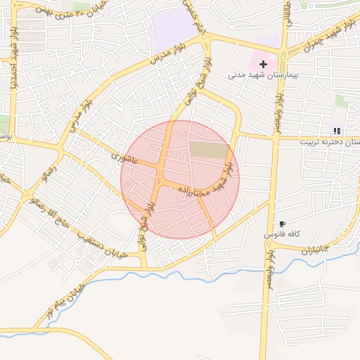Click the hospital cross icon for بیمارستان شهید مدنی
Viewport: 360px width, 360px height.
coord(263,64)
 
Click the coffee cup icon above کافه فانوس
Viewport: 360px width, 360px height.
coord(282,223)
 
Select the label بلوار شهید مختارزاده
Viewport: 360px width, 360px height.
coord(208,180)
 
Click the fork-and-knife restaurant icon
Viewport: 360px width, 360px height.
coord(336,131)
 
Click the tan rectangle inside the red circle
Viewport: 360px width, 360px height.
coord(209,150)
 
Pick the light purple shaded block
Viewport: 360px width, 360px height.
coord(174,30)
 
